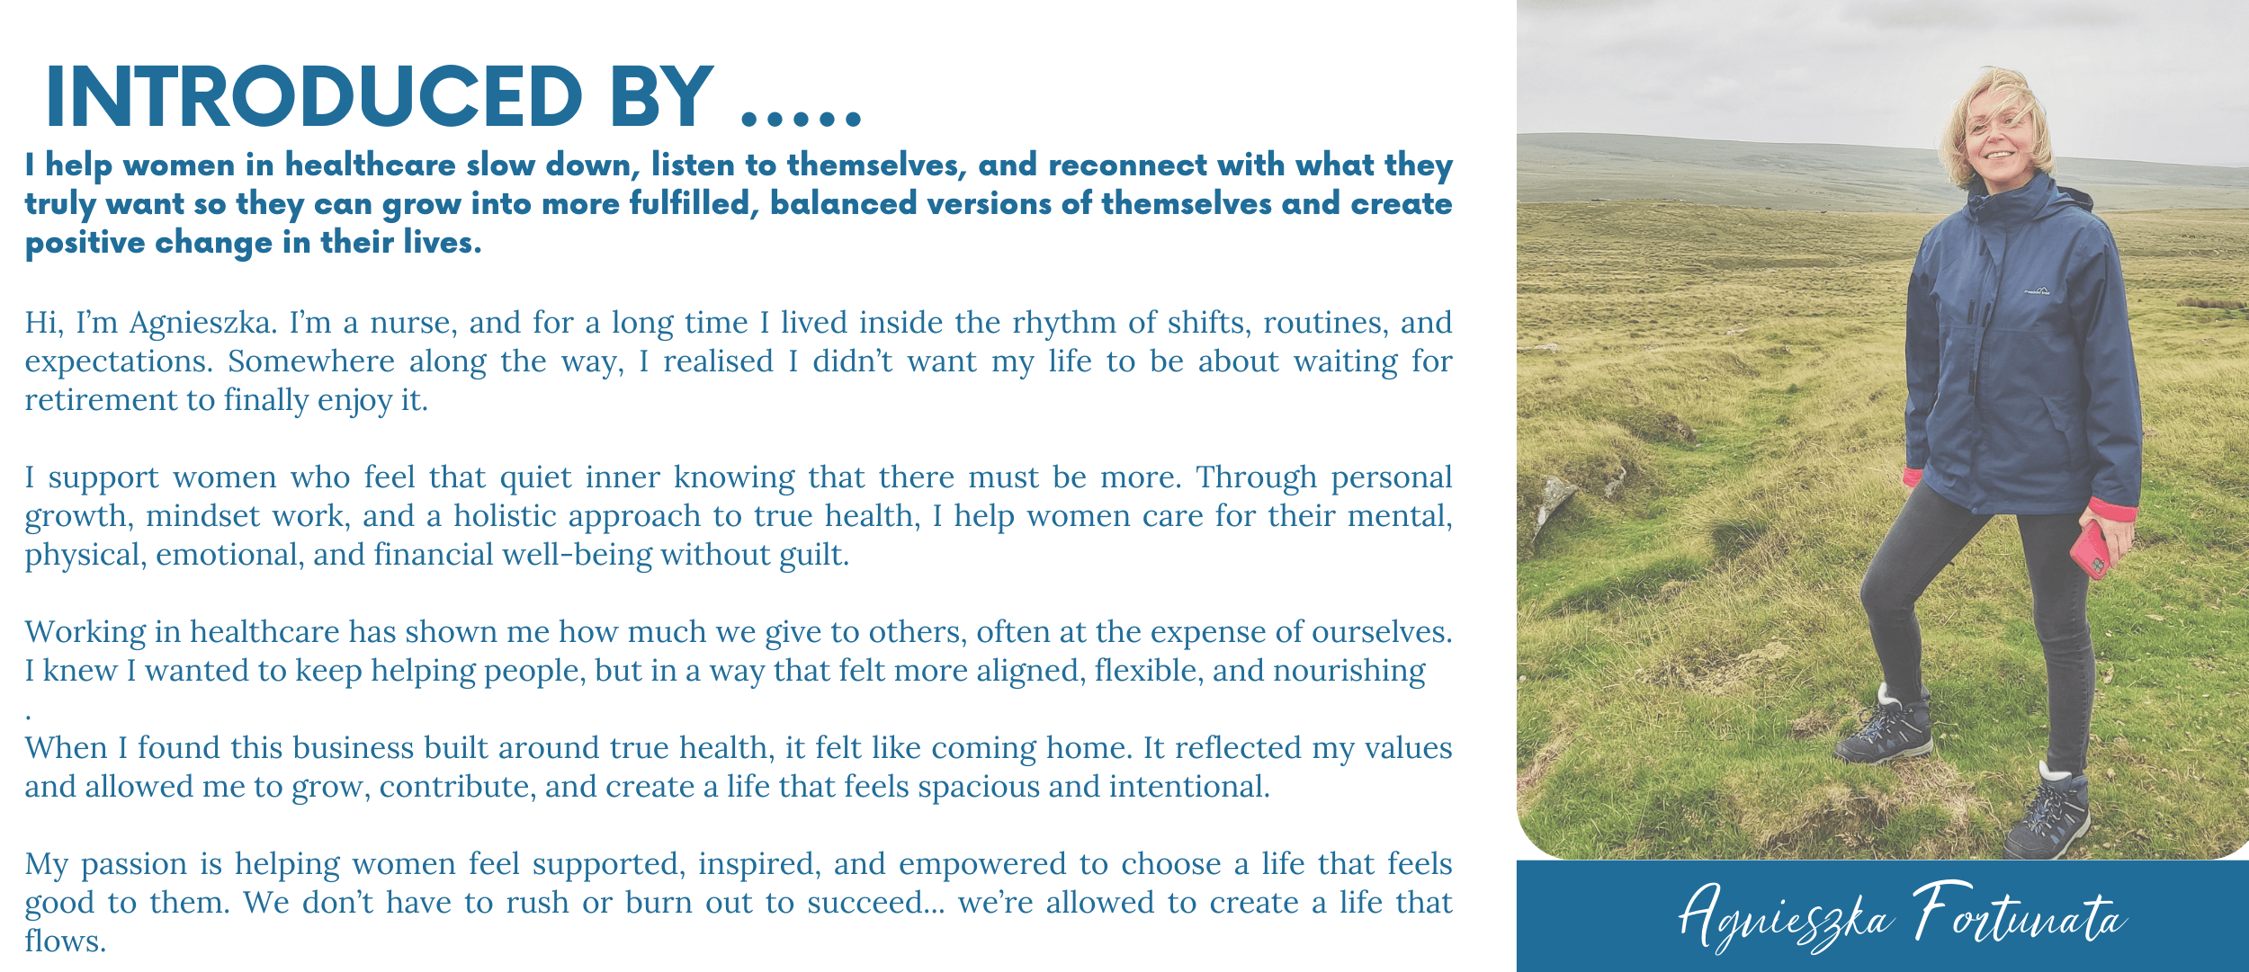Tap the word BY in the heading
(662, 96)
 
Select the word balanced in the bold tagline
(843, 203)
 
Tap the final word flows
(66, 941)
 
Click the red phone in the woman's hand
(2090, 549)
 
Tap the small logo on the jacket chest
(2037, 290)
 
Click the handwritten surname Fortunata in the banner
(2019, 915)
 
